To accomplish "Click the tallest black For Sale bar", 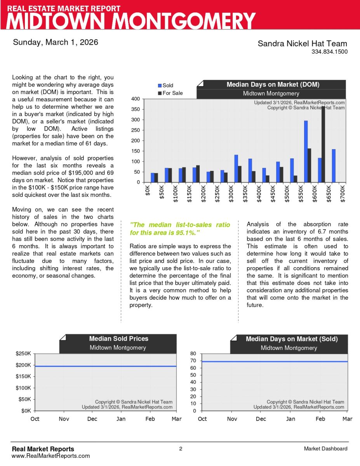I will coord(323,144).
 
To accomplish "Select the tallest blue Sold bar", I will coord(306,151).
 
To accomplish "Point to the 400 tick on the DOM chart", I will coord(135,99).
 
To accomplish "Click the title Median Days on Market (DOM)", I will coord(273,84).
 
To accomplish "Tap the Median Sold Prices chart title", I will coord(118,339).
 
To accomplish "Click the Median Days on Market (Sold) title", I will coord(292,339).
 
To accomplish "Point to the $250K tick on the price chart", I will coord(23,354).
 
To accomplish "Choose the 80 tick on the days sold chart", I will coord(193,354).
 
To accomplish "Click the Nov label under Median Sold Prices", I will coord(64,419).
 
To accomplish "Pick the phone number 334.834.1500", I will coord(329,52).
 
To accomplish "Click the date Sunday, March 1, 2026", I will coord(56,42).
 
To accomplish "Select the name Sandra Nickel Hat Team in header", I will coord(302,43).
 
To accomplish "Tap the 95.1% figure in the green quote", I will coord(185,233).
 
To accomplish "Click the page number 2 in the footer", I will coord(181,449).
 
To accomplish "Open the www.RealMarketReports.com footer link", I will coord(51,456).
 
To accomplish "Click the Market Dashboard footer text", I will coord(325,449).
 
